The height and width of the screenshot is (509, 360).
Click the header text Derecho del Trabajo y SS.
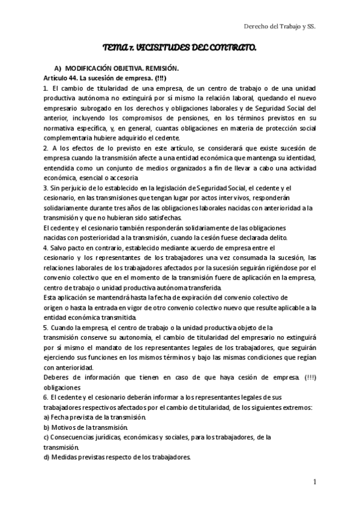(x=281, y=27)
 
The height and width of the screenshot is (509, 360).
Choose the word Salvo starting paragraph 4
(x=62, y=247)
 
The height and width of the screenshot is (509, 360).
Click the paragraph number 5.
(x=46, y=327)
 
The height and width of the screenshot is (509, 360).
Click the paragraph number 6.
(x=46, y=397)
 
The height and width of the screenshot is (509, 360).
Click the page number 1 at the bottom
(x=314, y=482)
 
